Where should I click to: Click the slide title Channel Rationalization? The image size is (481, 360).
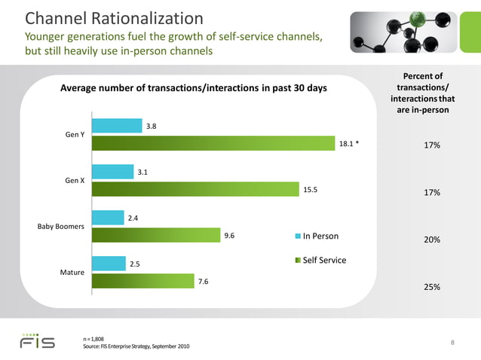pos(114,18)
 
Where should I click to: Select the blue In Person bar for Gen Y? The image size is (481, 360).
pos(117,126)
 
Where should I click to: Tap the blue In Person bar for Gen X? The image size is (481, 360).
pos(112,172)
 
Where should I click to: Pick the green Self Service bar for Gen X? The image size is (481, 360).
pos(195,189)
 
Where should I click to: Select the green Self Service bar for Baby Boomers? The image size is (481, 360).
pos(155,235)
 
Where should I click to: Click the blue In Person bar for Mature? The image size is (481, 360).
pos(109,263)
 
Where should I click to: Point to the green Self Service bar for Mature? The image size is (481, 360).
pos(142,281)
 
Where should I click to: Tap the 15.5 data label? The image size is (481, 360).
pos(310,190)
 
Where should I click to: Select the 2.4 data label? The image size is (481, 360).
pos(133,218)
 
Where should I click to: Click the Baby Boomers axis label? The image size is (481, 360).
pos(60,226)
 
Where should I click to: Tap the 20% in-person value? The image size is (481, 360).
pos(432,240)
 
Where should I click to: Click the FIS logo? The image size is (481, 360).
pos(37,341)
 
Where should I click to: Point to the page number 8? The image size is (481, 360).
pos(452,343)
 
